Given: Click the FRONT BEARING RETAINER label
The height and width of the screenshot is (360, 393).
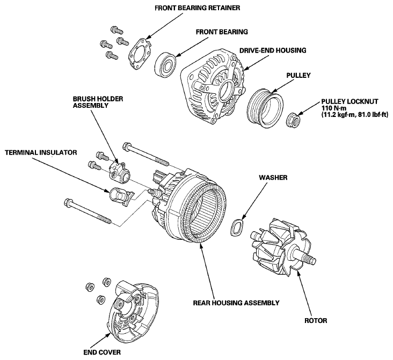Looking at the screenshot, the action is point(197,8).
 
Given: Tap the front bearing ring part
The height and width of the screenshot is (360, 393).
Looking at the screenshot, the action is point(166,64).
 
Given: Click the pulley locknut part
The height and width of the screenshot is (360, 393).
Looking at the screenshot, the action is point(293,120).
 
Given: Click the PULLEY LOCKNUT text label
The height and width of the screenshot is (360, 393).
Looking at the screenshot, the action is point(350,102).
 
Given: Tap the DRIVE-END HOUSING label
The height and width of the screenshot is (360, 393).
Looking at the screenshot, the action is point(273,50).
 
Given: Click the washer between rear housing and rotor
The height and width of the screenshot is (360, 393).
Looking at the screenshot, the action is point(237,227).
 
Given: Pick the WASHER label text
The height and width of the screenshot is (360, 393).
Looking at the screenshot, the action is point(273,178).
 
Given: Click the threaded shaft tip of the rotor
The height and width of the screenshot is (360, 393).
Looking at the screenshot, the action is point(309,259).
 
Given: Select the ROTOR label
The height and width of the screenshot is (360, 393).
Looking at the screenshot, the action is point(316,320).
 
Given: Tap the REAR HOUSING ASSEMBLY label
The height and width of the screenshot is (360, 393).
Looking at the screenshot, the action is point(236,303).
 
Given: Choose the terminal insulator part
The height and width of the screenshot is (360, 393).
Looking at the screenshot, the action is point(121,196).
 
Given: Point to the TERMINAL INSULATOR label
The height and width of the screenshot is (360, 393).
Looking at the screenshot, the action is point(41,152).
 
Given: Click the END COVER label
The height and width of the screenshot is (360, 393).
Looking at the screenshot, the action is point(102,352).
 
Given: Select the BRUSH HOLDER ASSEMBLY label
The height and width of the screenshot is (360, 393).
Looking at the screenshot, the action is point(98,102).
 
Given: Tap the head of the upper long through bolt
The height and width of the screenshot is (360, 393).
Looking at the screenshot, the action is point(127,146).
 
